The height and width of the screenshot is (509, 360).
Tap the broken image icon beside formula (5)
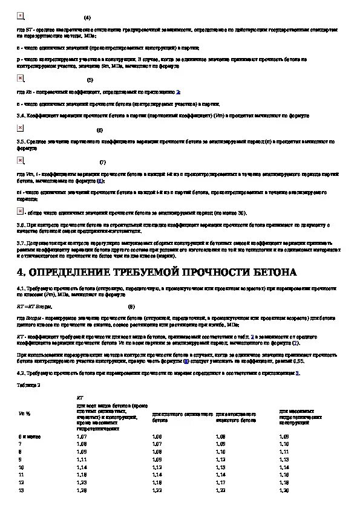(21, 79)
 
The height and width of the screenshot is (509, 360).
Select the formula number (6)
(99, 130)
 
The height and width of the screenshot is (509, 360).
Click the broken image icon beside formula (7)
(21, 160)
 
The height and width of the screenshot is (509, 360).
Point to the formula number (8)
(131, 306)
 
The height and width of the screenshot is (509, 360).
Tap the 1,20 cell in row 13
(284, 490)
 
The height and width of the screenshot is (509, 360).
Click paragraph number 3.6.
(22, 224)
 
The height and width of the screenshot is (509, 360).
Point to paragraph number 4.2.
(22, 372)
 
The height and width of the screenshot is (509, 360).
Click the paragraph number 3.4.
(22, 114)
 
